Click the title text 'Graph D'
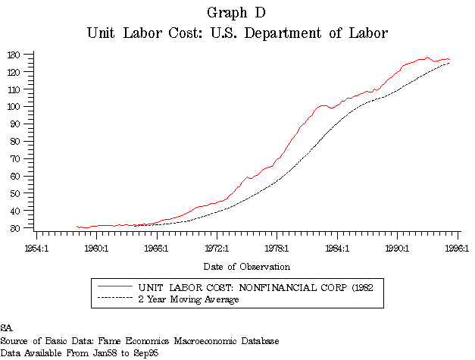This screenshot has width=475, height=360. tap(236, 13)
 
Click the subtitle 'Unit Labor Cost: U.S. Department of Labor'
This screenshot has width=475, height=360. tap(236, 33)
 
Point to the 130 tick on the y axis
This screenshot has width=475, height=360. tap(14, 55)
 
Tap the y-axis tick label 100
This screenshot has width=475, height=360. tap(14, 107)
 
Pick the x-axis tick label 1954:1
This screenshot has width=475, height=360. tap(36, 248)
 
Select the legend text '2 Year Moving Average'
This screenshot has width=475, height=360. tap(189, 299)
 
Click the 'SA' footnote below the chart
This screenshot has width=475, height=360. tap(7, 328)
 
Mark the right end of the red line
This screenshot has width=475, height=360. tap(450, 59)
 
